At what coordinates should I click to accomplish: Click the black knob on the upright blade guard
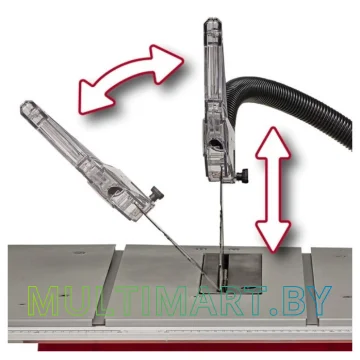pyautogui.click(x=242, y=176)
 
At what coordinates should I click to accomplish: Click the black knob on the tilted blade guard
pyautogui.click(x=156, y=194)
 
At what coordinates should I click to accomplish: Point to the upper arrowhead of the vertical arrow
pyautogui.click(x=273, y=142)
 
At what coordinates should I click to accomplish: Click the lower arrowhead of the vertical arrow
pyautogui.click(x=273, y=236)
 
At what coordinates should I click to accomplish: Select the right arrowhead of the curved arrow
pyautogui.click(x=167, y=63)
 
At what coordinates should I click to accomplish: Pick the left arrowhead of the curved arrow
pyautogui.click(x=94, y=98)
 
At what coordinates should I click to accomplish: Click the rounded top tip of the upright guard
pyautogui.click(x=213, y=23)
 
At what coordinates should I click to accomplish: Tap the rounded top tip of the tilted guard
pyautogui.click(x=28, y=106)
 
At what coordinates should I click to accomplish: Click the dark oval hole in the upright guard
pyautogui.click(x=215, y=144)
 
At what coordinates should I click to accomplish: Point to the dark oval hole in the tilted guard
pyautogui.click(x=115, y=190)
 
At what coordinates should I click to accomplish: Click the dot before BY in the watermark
pyautogui.click(x=274, y=312)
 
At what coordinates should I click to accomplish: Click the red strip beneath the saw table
pyautogui.click(x=195, y=346)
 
